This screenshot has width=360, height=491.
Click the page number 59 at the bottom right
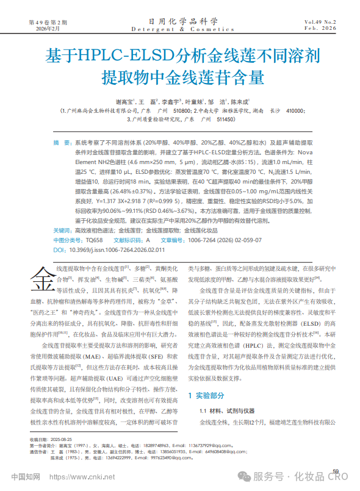pos(335,471)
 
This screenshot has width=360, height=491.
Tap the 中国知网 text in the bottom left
pos(26,476)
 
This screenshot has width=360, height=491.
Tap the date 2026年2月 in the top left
pos(40,29)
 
